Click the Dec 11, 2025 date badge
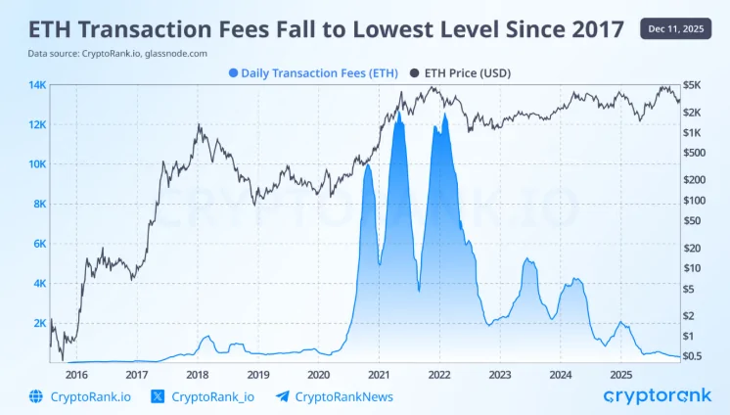click(677, 29)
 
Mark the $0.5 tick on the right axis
click(693, 355)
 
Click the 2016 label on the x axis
click(76, 374)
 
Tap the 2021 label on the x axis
click(379, 374)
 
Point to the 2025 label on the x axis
click(620, 374)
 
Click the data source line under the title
click(116, 53)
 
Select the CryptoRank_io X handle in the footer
click(212, 396)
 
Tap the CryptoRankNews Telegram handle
click(343, 396)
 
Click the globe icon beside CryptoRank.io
click(37, 396)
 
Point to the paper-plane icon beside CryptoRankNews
click(283, 396)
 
